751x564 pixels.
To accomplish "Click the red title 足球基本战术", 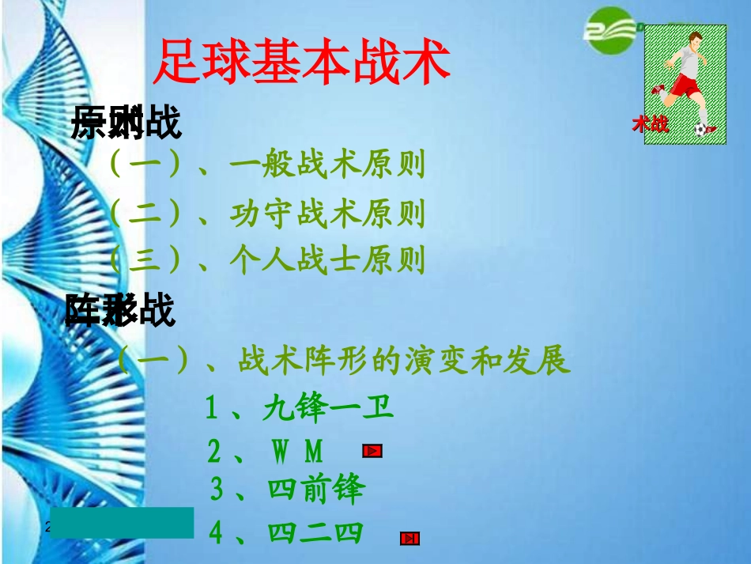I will click(x=301, y=62).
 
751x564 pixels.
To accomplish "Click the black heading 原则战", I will click(x=126, y=124).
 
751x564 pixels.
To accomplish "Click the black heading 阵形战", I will click(x=119, y=311).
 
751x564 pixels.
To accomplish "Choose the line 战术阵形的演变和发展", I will click(x=403, y=361).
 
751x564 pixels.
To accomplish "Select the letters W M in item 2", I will click(x=298, y=452).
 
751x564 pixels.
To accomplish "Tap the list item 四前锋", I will click(x=316, y=490).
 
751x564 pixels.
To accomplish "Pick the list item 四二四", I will click(x=315, y=533).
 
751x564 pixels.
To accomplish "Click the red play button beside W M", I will click(x=372, y=452).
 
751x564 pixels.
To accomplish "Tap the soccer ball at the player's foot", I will click(x=700, y=129).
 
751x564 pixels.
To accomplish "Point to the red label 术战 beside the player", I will click(x=650, y=124).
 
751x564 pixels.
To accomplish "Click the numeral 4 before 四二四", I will click(x=216, y=533).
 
